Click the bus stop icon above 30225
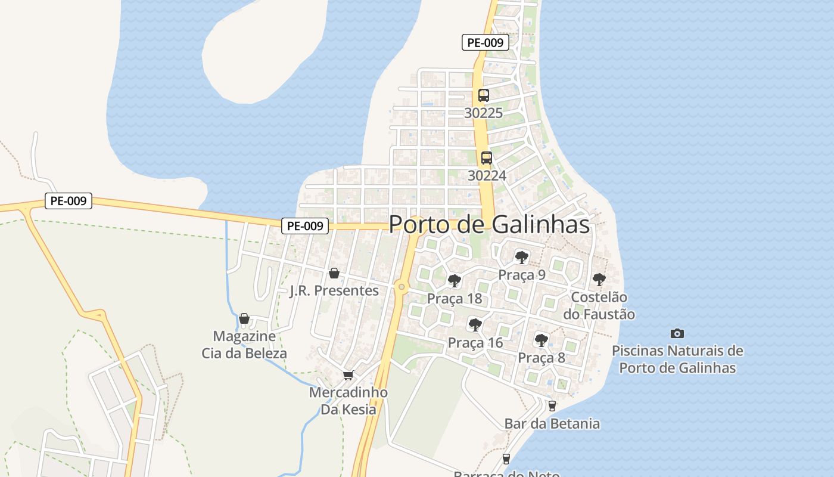click(x=484, y=95)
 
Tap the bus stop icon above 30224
click(x=487, y=158)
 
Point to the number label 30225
click(x=484, y=113)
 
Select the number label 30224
click(x=487, y=175)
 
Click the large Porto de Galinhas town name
click(x=489, y=225)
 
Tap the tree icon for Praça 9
click(x=522, y=258)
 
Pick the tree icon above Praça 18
click(x=455, y=281)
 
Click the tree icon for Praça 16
click(x=475, y=325)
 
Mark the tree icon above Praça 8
click(x=541, y=340)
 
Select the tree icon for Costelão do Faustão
click(x=599, y=279)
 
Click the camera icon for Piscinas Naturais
click(x=677, y=333)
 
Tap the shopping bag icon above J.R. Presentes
click(x=334, y=273)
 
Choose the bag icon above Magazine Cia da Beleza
click(x=244, y=318)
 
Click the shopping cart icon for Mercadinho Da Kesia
click(x=348, y=375)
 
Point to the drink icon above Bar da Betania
click(x=552, y=406)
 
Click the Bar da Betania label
click(x=552, y=424)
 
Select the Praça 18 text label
click(x=455, y=299)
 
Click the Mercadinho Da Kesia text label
click(x=348, y=401)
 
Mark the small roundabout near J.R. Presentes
click(x=402, y=287)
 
